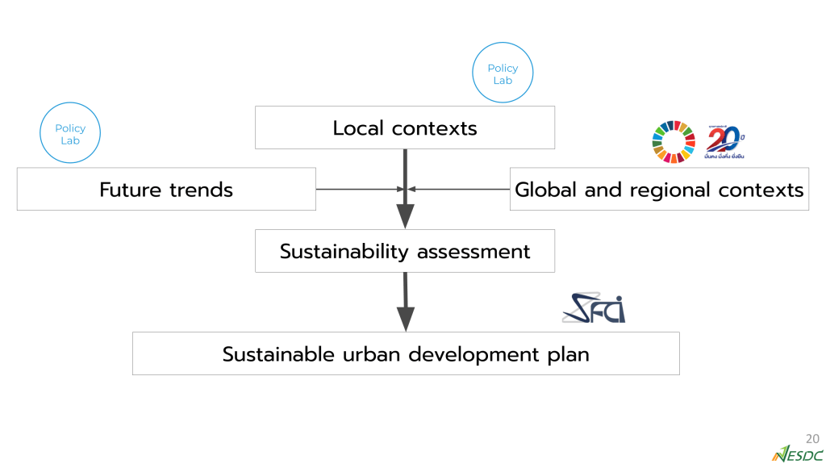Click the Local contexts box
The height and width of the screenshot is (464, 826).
click(x=405, y=127)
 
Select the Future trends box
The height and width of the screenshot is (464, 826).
click(x=166, y=189)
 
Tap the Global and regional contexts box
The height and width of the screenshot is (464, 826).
click(x=659, y=189)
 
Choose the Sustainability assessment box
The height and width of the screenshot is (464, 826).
click(x=405, y=251)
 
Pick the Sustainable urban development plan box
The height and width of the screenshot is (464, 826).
click(x=406, y=353)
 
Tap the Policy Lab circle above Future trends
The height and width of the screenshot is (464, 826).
click(x=70, y=135)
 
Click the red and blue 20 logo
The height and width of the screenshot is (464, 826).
click(x=724, y=142)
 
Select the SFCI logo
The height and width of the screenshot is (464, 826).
click(x=594, y=307)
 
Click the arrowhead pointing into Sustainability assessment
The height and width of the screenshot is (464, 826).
click(x=405, y=216)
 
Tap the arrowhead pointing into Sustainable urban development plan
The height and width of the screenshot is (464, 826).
click(x=405, y=319)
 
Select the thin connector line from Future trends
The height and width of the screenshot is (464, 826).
click(x=355, y=189)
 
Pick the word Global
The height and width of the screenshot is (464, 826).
click(x=544, y=189)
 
